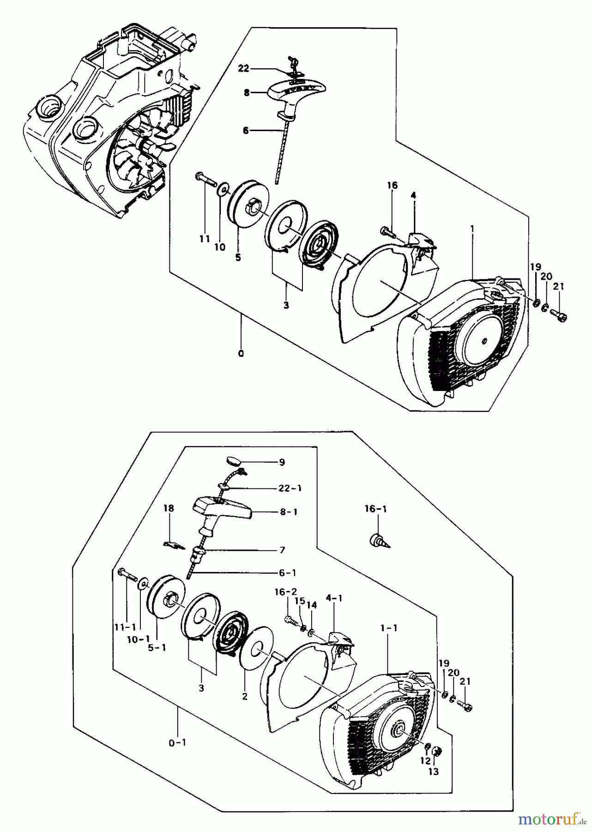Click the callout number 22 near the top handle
click(x=243, y=68)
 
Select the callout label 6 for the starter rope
click(x=245, y=131)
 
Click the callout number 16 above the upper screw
click(x=392, y=186)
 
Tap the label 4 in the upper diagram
click(x=413, y=195)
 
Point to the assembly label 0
click(x=241, y=354)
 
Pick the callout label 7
click(x=282, y=550)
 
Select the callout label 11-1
click(x=124, y=627)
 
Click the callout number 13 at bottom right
click(x=433, y=771)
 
